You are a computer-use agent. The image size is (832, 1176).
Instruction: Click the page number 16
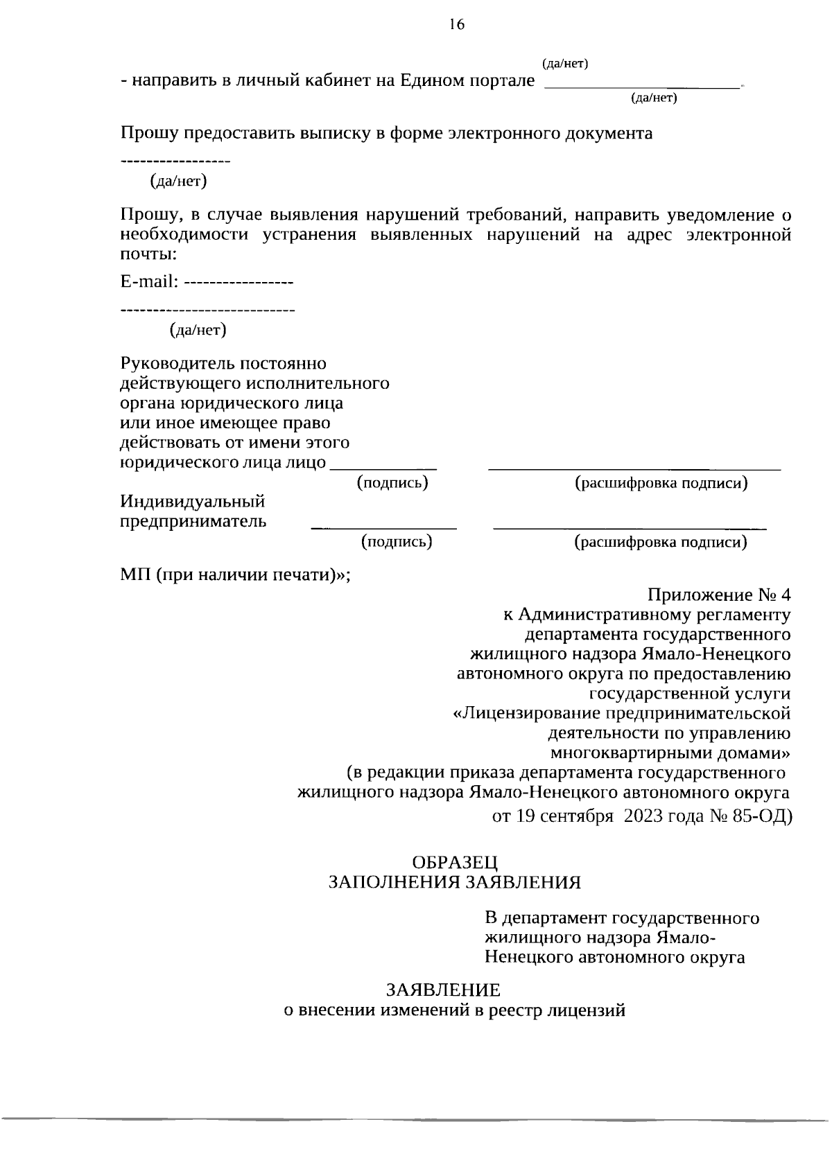[456, 25]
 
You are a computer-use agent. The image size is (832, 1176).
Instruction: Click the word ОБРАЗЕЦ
[455, 862]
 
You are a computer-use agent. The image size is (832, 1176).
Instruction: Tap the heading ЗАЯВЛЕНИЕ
[443, 990]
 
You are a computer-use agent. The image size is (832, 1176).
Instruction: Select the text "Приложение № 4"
[718, 595]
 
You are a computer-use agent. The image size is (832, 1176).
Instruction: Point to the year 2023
[643, 816]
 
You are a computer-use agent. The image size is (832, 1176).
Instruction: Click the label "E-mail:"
[150, 282]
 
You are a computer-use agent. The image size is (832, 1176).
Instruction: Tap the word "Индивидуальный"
[193, 501]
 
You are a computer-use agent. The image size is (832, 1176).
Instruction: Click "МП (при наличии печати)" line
[234, 575]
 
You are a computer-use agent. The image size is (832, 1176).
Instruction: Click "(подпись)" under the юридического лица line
[392, 482]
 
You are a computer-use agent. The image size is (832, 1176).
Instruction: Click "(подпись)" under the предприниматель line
[397, 542]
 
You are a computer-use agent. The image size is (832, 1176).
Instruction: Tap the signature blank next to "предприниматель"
[383, 527]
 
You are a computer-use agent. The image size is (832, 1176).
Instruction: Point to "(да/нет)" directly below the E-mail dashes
[198, 330]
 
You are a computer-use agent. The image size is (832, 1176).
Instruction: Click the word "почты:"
[148, 254]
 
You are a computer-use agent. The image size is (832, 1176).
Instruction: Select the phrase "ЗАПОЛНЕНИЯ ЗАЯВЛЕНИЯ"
[454, 881]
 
